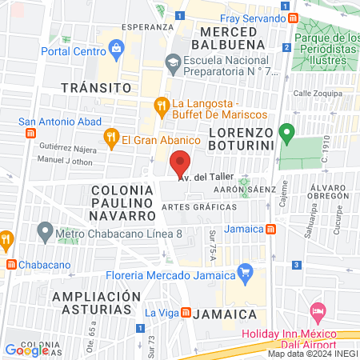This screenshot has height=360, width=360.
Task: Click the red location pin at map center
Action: click(x=182, y=162)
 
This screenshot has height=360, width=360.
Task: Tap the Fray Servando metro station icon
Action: click(x=294, y=18)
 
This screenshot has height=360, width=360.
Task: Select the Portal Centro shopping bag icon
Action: click(x=117, y=48)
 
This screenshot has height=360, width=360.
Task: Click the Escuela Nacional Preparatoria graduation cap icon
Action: click(x=172, y=62)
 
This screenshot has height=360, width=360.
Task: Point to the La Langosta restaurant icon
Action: click(x=162, y=104)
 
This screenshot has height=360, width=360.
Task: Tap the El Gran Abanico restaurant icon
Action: click(x=110, y=140)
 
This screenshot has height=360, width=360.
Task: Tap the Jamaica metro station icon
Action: click(x=271, y=229)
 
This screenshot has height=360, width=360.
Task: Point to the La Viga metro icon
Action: click(x=186, y=313)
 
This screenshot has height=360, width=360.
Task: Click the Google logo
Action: click(x=26, y=350)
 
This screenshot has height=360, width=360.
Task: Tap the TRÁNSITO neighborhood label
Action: click(x=97, y=86)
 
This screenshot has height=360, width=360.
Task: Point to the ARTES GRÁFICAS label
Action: click(x=199, y=206)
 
